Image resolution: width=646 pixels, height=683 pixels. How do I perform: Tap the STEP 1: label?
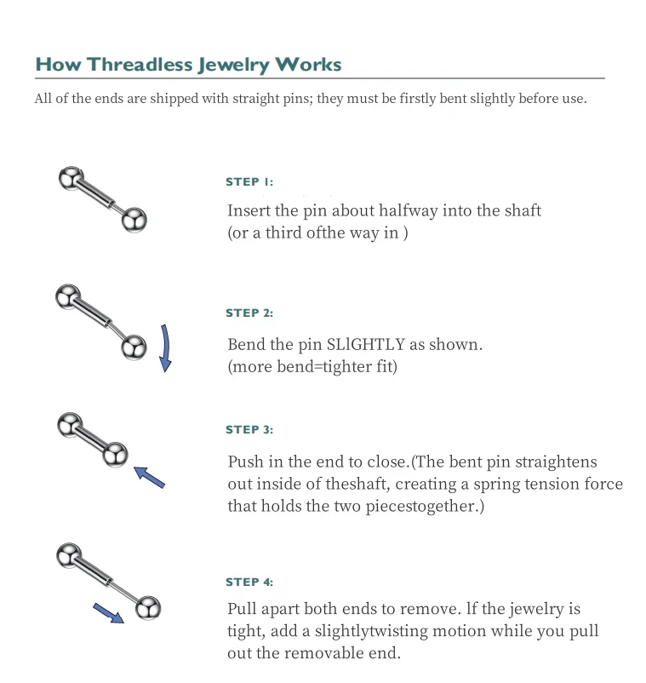[249, 182]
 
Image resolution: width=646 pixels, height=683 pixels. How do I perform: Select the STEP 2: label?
[249, 313]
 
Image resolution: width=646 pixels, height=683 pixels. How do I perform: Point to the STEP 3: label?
[249, 430]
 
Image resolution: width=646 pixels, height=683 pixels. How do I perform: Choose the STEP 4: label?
[249, 583]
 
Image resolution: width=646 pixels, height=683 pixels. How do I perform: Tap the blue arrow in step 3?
[150, 477]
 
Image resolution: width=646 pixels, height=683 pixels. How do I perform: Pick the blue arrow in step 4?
[108, 612]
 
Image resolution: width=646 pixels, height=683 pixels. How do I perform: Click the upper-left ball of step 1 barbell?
[70, 178]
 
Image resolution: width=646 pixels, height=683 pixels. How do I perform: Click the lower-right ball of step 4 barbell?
[148, 608]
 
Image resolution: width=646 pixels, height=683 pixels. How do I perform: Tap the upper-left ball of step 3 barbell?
[69, 425]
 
